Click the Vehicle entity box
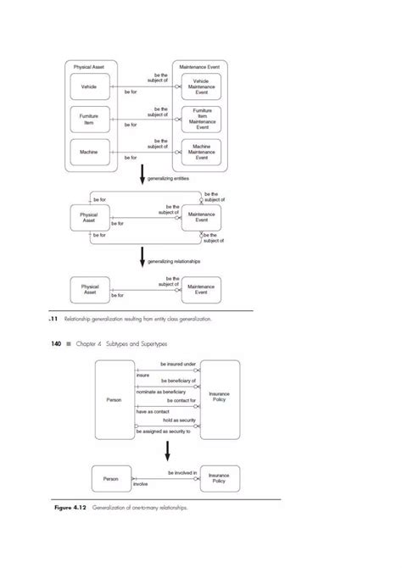tap(88, 87)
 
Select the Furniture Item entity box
tap(88, 120)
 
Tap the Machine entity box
tap(88, 153)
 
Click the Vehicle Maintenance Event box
tap(201, 87)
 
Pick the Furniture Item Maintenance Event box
tap(201, 120)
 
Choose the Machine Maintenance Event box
tap(201, 153)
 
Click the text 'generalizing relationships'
tap(175, 262)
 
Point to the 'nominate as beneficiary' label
tap(159, 393)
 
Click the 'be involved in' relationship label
tap(182, 472)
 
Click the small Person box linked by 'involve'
tap(111, 479)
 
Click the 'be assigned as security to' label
tap(163, 432)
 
